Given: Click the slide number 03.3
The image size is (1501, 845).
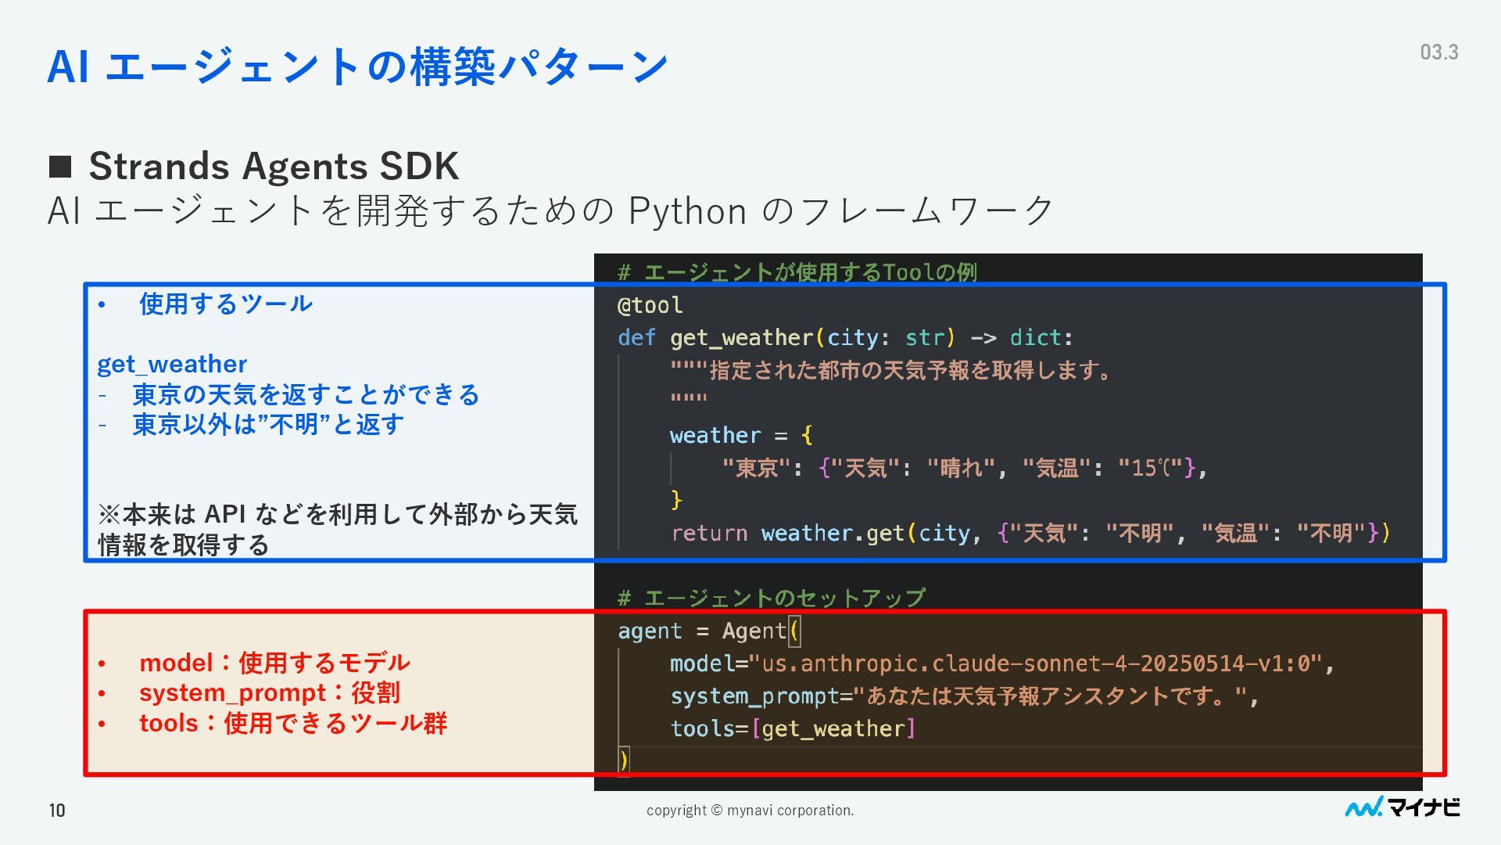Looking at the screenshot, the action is coord(1438,52).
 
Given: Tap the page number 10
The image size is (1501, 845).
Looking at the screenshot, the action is coord(57,810).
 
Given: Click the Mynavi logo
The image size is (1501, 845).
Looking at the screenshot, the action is coord(1402,807).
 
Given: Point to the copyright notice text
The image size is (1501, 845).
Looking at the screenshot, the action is coord(750,811).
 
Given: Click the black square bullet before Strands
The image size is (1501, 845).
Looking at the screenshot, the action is coord(60,166).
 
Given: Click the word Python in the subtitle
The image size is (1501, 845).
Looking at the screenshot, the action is coord(687,211).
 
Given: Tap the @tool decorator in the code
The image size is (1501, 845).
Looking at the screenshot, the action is coord(650,305).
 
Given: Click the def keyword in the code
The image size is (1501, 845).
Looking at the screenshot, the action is coord(636,338).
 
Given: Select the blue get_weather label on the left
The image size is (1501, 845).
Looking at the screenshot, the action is coord(172,365).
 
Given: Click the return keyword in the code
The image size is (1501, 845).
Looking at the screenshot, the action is coord(709,534).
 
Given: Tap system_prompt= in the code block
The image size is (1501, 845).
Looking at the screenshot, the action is coord(761,696).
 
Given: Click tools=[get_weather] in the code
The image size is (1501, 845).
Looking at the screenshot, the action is coord(792,729).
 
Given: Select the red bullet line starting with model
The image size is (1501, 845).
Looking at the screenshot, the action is coord(274,663).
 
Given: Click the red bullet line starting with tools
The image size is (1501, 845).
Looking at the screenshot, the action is coord(292,723).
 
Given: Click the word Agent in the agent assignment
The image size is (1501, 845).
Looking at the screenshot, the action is coord(754,631).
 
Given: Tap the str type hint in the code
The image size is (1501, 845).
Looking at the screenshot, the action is coord(925,338).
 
